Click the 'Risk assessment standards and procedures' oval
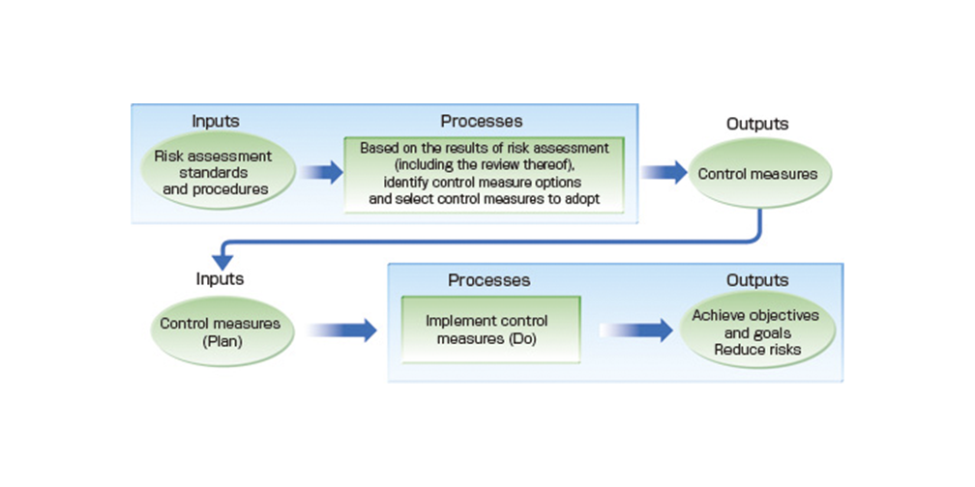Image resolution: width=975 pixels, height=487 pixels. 215,172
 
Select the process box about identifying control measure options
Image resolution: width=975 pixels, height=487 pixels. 484,175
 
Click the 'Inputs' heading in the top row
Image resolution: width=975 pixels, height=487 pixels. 215,122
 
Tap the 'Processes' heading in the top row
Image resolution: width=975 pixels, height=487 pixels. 482,122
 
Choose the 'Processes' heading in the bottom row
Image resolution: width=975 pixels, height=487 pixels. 489,280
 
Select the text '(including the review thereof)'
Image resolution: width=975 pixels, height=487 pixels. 484,163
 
